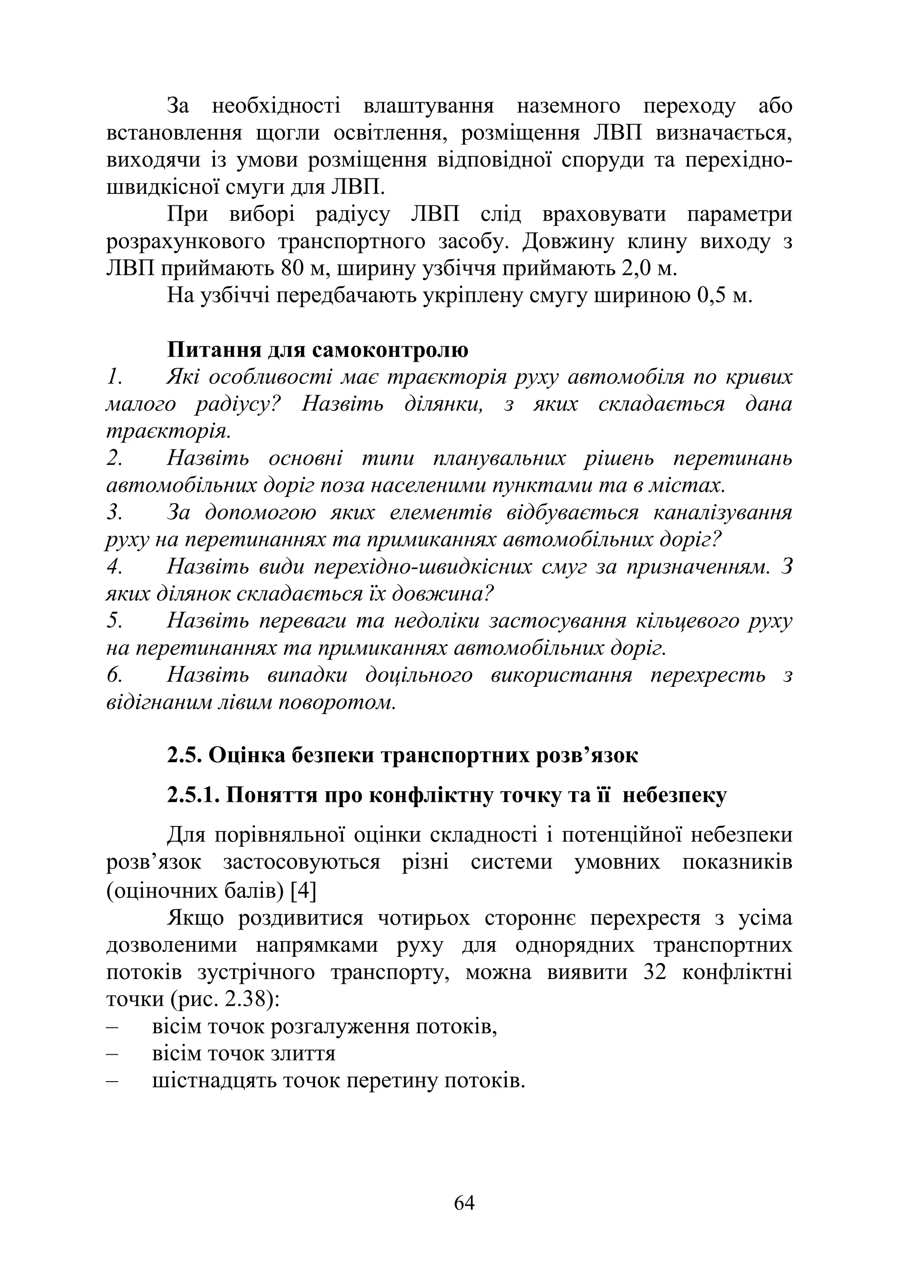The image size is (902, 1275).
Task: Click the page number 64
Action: (x=464, y=1203)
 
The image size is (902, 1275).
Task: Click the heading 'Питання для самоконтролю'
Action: (x=318, y=350)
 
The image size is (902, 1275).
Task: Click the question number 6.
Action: (x=115, y=675)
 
